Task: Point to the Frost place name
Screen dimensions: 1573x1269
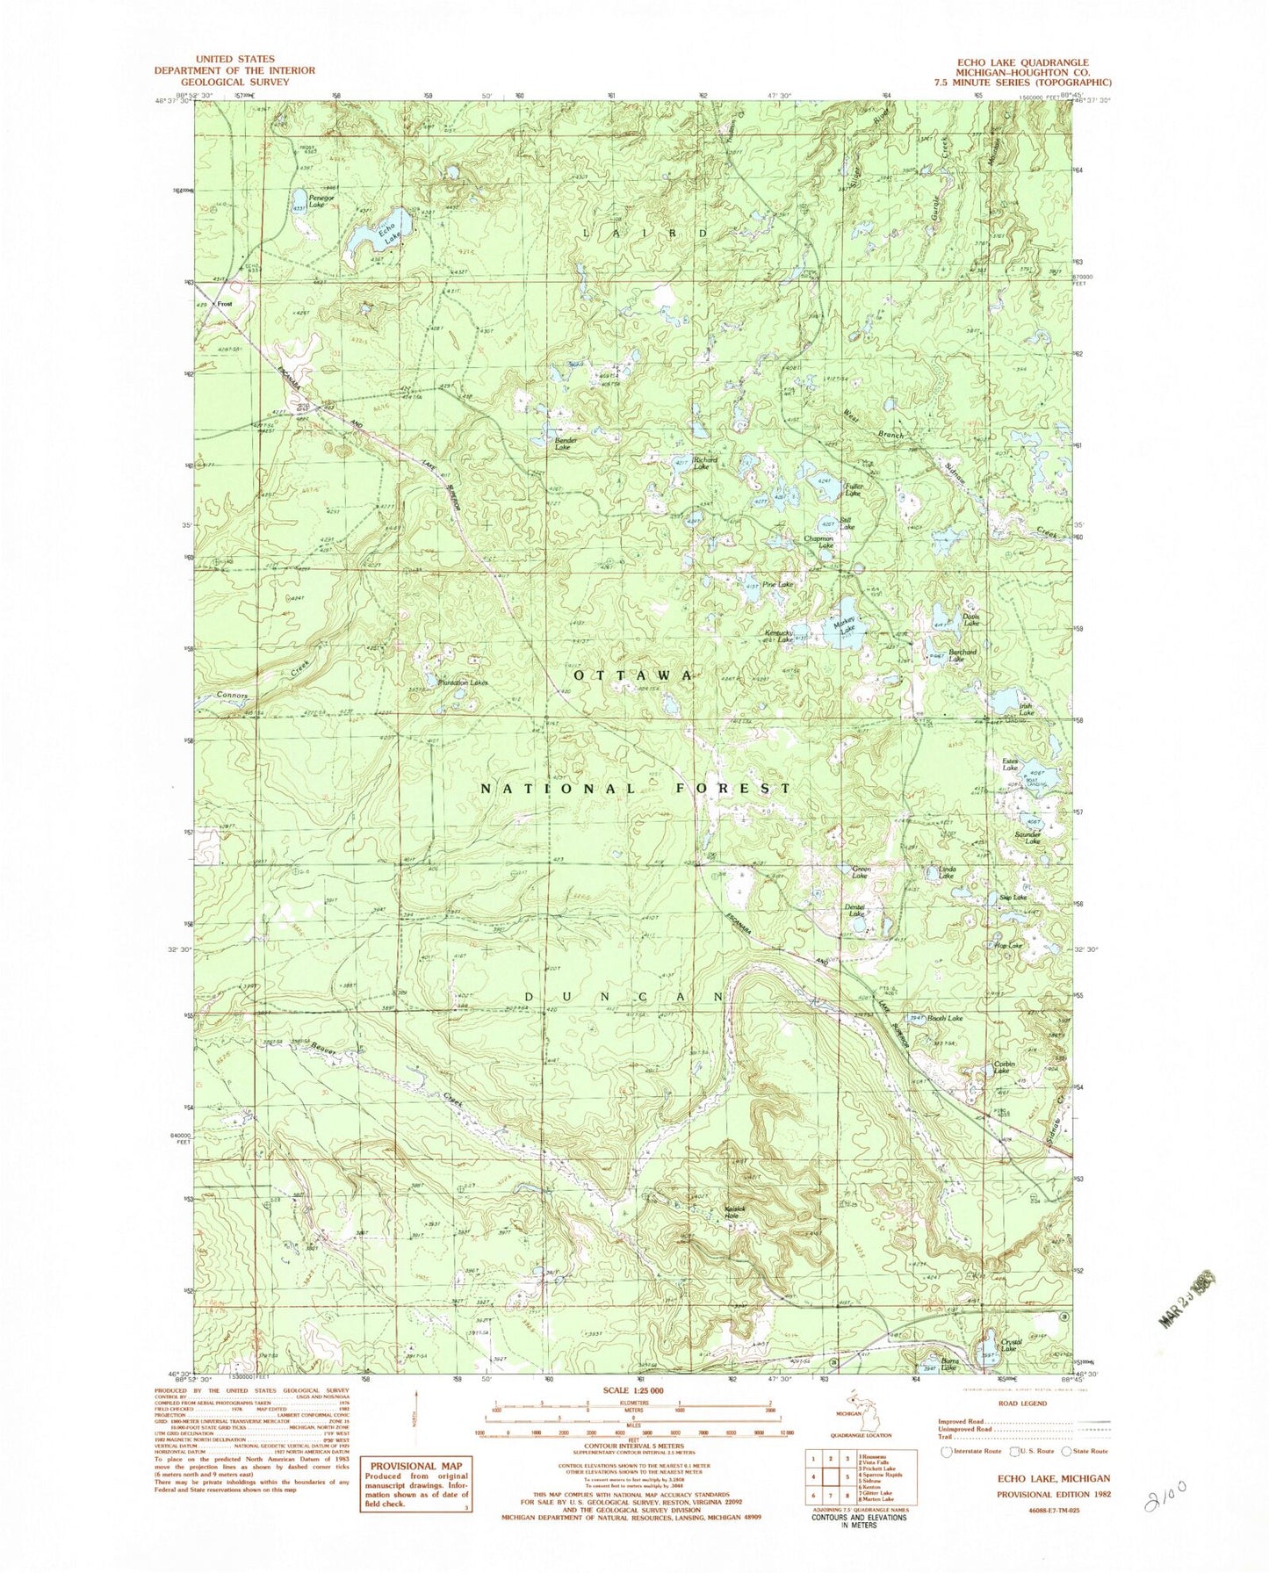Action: click(x=226, y=305)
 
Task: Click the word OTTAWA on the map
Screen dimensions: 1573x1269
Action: click(x=633, y=675)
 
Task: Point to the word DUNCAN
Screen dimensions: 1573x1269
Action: click(x=624, y=997)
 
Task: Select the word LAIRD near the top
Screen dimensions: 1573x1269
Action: click(x=644, y=233)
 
